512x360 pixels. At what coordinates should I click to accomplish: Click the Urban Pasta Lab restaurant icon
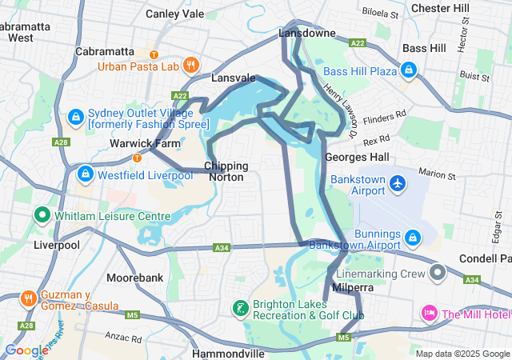coord(190,65)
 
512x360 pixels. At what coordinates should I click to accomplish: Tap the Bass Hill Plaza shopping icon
coord(410,71)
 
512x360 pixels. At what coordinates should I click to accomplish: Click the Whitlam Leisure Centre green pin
coord(42,216)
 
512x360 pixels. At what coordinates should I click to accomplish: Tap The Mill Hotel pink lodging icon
coord(429,312)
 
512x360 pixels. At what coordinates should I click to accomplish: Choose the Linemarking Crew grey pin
coord(437,274)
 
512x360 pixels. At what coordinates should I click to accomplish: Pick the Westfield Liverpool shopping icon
coord(86,172)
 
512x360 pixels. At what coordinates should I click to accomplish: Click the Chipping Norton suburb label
coord(227,171)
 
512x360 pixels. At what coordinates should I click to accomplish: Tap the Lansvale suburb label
coord(233,78)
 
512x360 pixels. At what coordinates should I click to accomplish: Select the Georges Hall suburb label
coord(358,157)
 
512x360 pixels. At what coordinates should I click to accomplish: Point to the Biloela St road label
coord(380,14)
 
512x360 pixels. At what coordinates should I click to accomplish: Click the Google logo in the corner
coord(26,350)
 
